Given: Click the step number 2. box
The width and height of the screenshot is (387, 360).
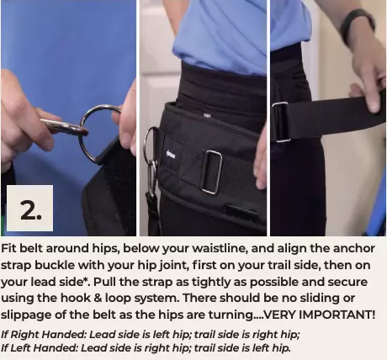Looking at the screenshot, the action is coord(29,208).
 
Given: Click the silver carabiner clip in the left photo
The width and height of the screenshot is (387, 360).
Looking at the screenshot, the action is coord(63,128).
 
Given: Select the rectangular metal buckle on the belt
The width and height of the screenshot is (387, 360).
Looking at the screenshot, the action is coord(211,172).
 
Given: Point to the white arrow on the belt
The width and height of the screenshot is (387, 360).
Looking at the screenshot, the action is coord(171,154).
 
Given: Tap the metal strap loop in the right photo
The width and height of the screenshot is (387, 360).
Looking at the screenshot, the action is coord(279,122).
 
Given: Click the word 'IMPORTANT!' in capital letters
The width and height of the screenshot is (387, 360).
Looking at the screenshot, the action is coord(337,315).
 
